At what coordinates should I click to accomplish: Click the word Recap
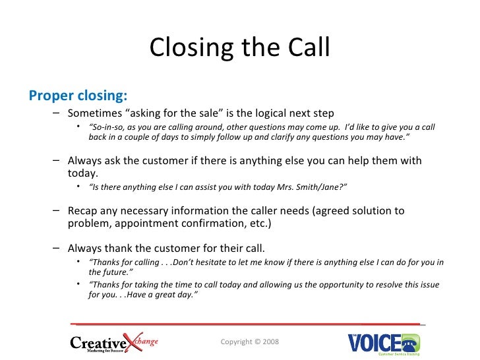click(84, 211)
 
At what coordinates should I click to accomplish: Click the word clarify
click(291, 137)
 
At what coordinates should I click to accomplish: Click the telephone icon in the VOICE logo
click(411, 341)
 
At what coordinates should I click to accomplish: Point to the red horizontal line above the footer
click(245, 324)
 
